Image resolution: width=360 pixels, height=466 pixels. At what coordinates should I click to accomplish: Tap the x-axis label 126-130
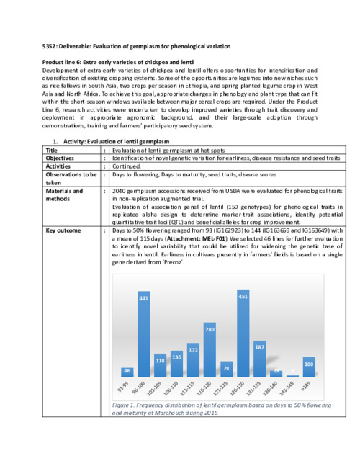coord(242,388)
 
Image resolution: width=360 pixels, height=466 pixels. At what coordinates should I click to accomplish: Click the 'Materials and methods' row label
coord(64,195)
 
